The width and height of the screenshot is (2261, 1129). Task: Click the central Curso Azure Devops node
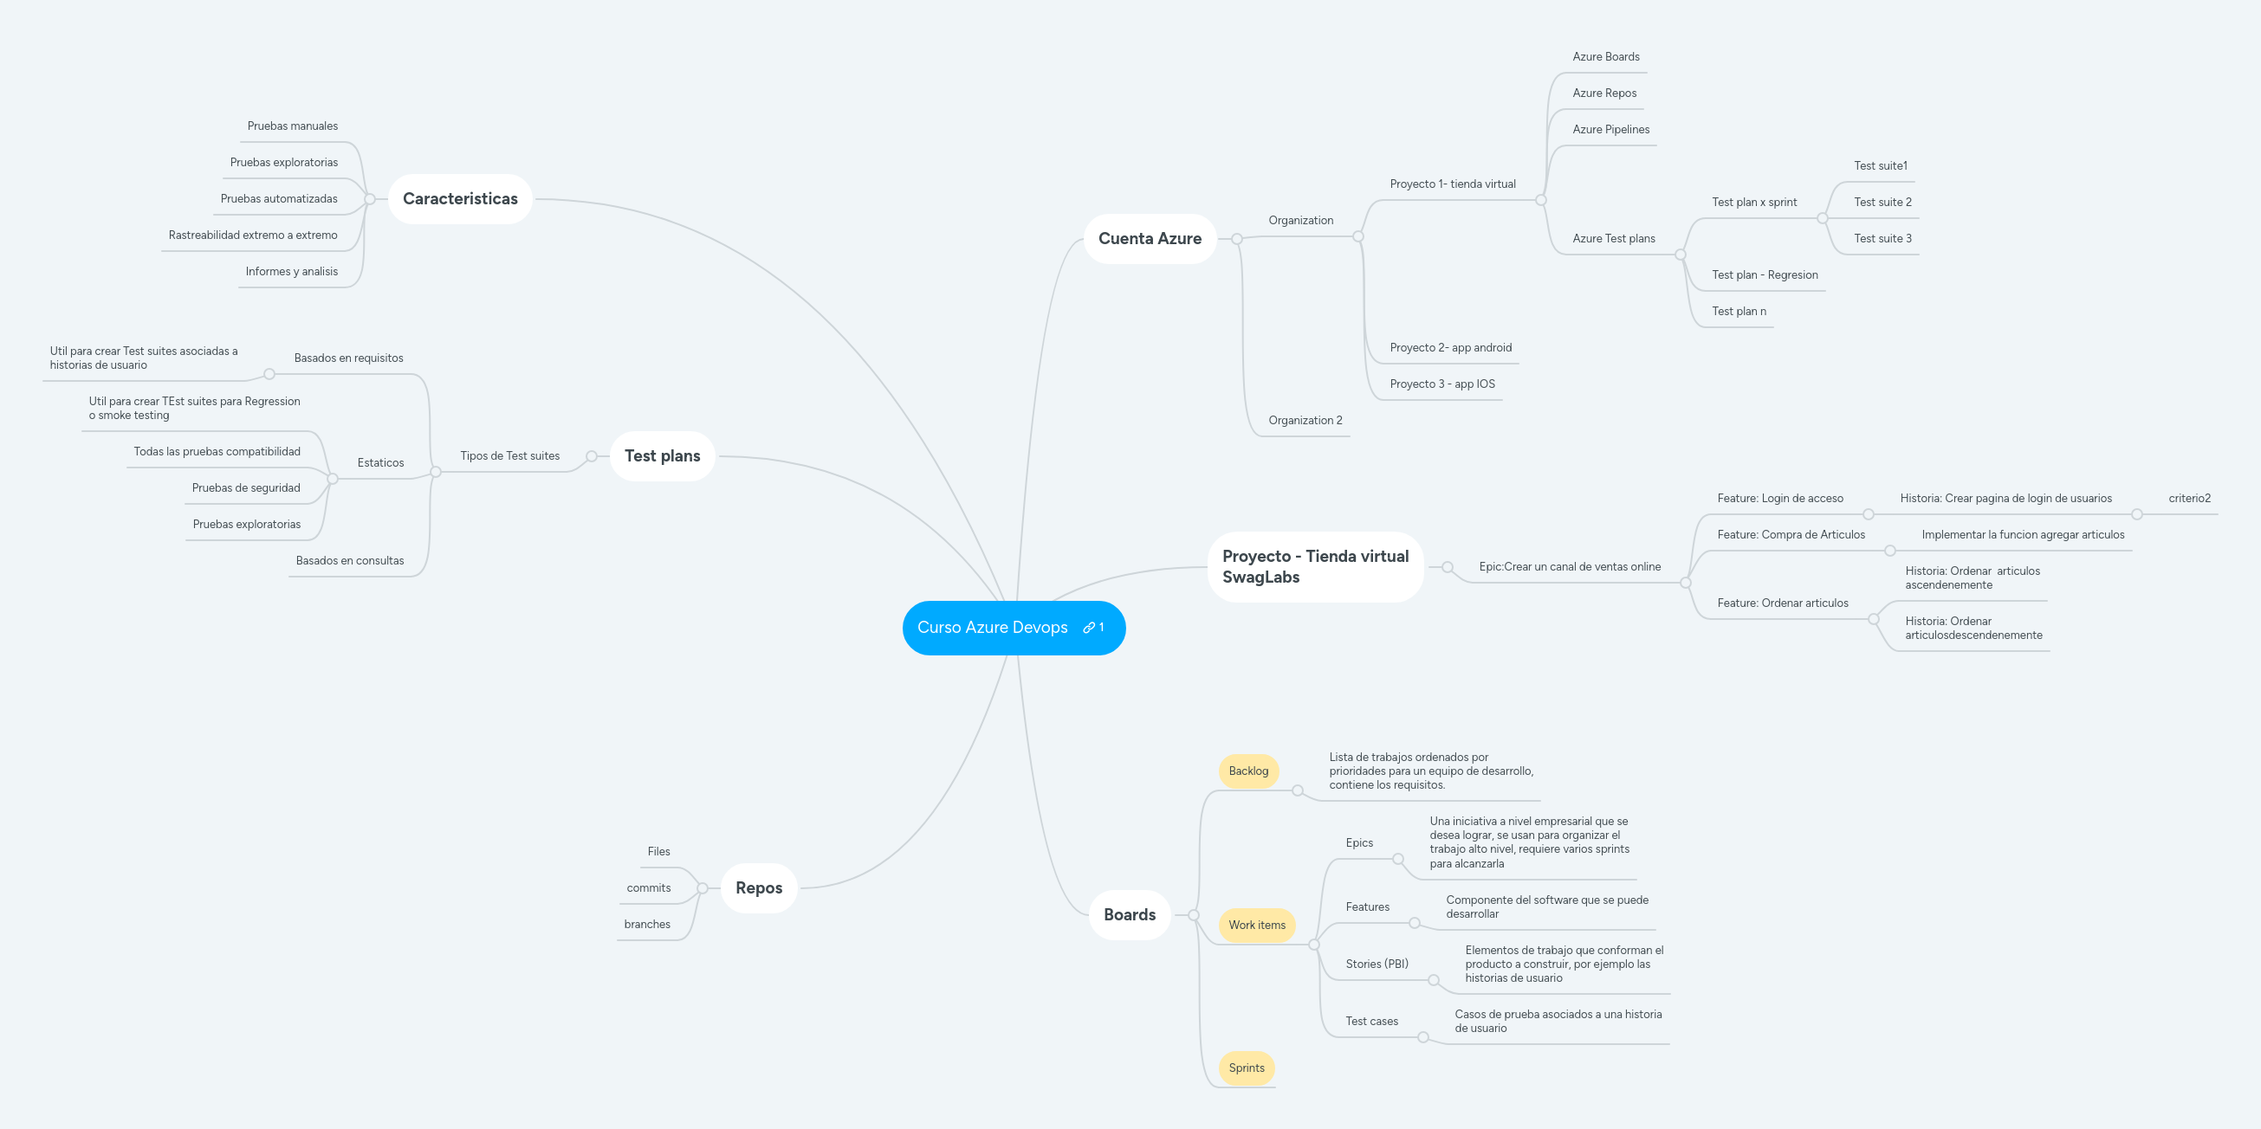click(x=992, y=628)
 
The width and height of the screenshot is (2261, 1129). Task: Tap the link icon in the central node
click(x=1089, y=628)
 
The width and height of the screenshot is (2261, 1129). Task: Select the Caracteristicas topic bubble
click(x=460, y=199)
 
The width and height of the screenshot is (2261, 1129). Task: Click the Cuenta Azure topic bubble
click(x=1149, y=239)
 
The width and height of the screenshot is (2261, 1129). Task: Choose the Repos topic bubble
click(x=758, y=887)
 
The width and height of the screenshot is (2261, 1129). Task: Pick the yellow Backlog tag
click(x=1247, y=771)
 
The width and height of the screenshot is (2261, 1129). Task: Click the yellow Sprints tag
click(x=1246, y=1068)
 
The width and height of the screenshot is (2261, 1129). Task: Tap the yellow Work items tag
click(x=1256, y=925)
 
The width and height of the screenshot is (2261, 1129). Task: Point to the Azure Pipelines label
click(x=1610, y=130)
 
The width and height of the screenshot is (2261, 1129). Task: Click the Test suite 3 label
click(x=1882, y=239)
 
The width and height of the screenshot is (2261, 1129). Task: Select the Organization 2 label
click(x=1305, y=420)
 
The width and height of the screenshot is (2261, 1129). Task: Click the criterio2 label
click(x=2189, y=499)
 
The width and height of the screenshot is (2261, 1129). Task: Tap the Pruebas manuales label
click(x=292, y=126)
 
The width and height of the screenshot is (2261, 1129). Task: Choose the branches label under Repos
click(x=647, y=925)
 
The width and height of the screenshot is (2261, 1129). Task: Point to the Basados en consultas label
click(x=349, y=560)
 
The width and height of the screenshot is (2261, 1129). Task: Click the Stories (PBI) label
click(x=1377, y=964)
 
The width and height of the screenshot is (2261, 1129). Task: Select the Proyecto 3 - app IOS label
click(x=1442, y=384)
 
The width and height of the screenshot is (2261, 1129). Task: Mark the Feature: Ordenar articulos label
click(x=1782, y=603)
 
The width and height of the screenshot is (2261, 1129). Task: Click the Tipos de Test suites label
click(x=509, y=456)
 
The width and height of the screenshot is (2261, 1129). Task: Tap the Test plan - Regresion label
click(x=1765, y=275)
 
